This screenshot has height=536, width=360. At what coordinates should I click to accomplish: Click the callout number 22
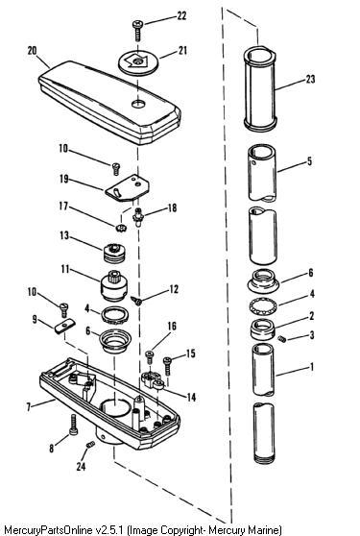pos(181,15)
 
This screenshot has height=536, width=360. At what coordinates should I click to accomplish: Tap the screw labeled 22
pos(137,31)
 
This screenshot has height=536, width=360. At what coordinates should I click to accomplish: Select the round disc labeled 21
pos(138,62)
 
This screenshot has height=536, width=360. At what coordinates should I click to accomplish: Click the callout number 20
pos(32,51)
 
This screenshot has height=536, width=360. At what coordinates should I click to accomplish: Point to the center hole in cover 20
pos(138,103)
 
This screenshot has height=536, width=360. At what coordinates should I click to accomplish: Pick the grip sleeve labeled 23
pos(260,89)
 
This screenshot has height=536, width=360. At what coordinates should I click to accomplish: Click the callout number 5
pos(309,161)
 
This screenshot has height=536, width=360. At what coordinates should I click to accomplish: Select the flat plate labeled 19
pos(127,188)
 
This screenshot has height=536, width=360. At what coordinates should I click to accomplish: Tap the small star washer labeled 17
pos(121,228)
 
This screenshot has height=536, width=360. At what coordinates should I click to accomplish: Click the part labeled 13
pos(114,253)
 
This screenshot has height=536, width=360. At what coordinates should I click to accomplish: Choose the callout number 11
pos(65,269)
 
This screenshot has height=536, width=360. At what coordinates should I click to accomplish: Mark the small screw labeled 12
pos(136,301)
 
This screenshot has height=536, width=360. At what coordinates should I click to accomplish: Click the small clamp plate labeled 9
pos(65,326)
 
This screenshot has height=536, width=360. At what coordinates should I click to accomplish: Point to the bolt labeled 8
pos(74,425)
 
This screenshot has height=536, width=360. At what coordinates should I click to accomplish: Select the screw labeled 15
pos(167,366)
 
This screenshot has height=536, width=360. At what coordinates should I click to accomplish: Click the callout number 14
pos(191,397)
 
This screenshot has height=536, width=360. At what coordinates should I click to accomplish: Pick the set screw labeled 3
pos(281,339)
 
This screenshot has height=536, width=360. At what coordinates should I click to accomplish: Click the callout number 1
pos(311,368)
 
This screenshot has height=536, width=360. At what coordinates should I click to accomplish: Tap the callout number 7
pos(29,406)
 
